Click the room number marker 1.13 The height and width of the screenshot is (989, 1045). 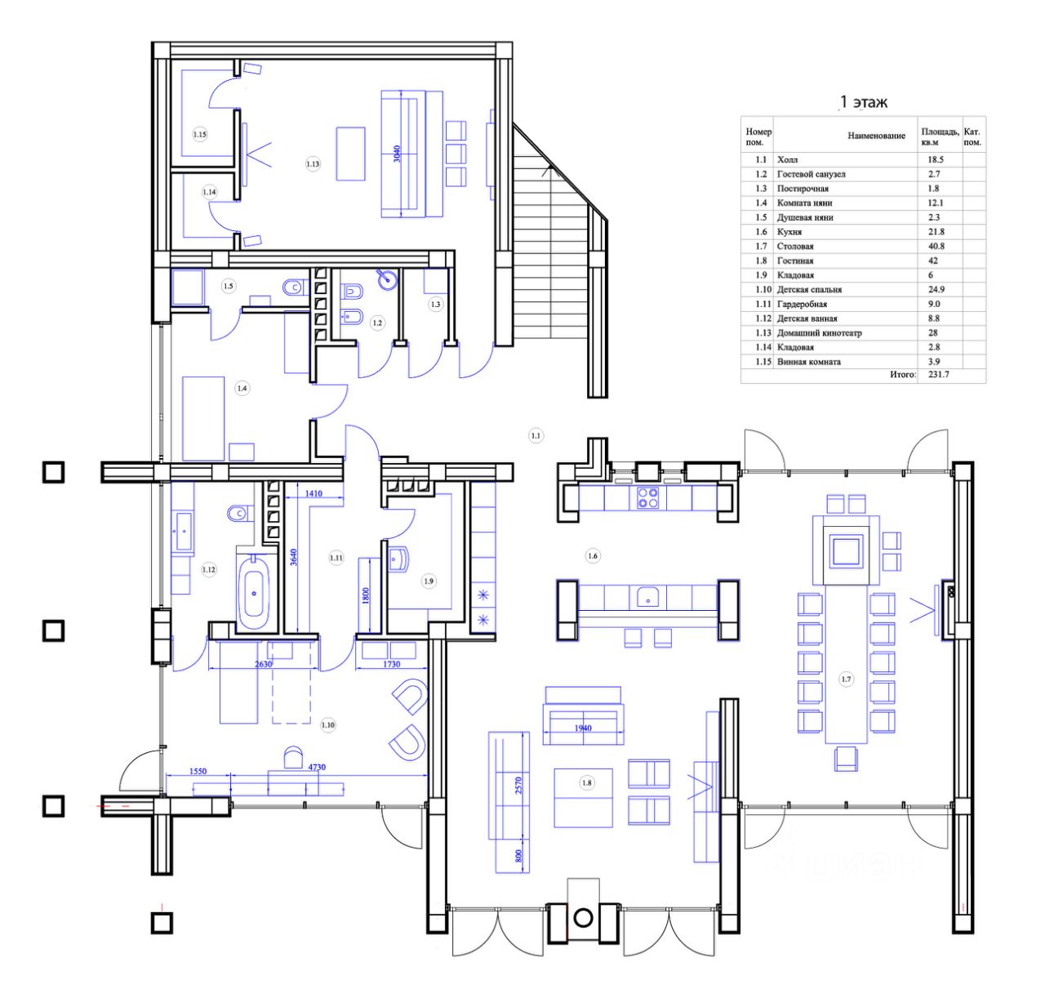pos(313,164)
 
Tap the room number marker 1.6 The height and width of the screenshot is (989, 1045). pos(593,556)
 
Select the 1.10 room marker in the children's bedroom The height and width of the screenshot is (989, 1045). pos(328,724)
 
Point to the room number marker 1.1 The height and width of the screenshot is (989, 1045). pos(536,436)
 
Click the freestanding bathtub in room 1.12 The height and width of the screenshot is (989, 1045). pos(254,592)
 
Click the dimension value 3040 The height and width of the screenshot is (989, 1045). pos(397,154)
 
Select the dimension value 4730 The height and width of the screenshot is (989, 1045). pos(317,768)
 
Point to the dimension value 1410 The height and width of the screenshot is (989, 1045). pos(313,493)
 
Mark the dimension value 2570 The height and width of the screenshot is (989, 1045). pos(518,786)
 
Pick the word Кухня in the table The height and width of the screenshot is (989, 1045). pos(789,232)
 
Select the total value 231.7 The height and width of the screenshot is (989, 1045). pos(939,374)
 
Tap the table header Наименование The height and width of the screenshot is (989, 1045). pos(876,136)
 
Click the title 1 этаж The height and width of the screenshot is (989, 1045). pos(863,102)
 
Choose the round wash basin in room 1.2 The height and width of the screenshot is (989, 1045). pos(387,278)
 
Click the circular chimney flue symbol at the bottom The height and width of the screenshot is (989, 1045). pos(584,918)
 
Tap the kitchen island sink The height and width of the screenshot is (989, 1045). pos(648,598)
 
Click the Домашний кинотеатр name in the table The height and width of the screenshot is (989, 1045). pos(819,333)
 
